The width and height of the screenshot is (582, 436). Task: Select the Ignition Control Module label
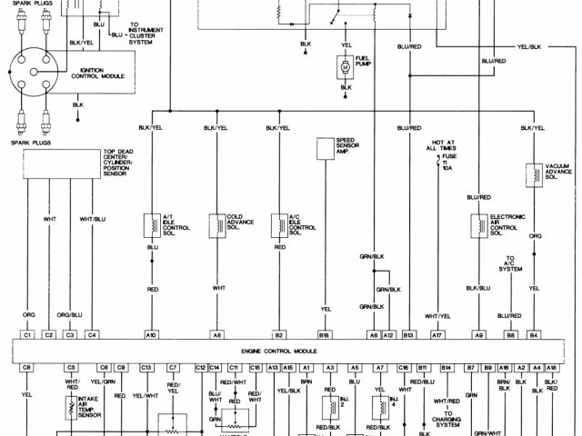(x=102, y=72)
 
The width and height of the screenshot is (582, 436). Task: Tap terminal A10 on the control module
(x=151, y=335)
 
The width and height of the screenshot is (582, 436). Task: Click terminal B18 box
(x=324, y=335)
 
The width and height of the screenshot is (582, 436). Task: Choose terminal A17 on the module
(x=437, y=335)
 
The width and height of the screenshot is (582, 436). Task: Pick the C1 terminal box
(x=27, y=335)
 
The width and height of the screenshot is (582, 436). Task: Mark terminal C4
(x=92, y=335)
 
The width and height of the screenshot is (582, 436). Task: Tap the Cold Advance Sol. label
(x=241, y=222)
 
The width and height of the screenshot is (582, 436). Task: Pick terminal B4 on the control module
(x=534, y=335)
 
